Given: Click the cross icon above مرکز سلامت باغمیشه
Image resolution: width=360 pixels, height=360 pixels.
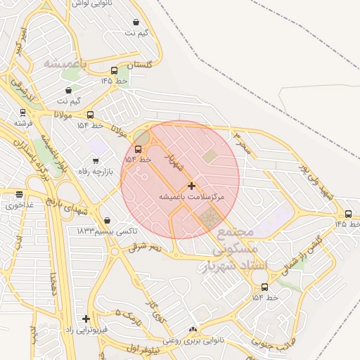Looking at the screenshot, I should point(191,186).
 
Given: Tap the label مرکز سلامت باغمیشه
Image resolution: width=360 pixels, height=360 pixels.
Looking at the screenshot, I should point(191,198).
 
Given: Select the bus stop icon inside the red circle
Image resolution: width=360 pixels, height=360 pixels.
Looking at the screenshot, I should point(138,149).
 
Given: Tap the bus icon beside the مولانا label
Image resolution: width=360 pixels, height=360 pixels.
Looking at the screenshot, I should point(90,115).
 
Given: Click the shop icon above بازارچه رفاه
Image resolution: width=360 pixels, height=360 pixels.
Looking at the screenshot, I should point(96,161).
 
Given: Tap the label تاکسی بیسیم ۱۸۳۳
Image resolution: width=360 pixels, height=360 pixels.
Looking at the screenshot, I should point(107,231).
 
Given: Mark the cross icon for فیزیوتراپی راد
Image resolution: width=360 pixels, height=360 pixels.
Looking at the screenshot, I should point(86,319).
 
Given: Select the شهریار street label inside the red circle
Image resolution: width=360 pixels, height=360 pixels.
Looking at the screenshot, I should point(174,165).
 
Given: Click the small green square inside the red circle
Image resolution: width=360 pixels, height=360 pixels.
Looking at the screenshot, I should point(210,155).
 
